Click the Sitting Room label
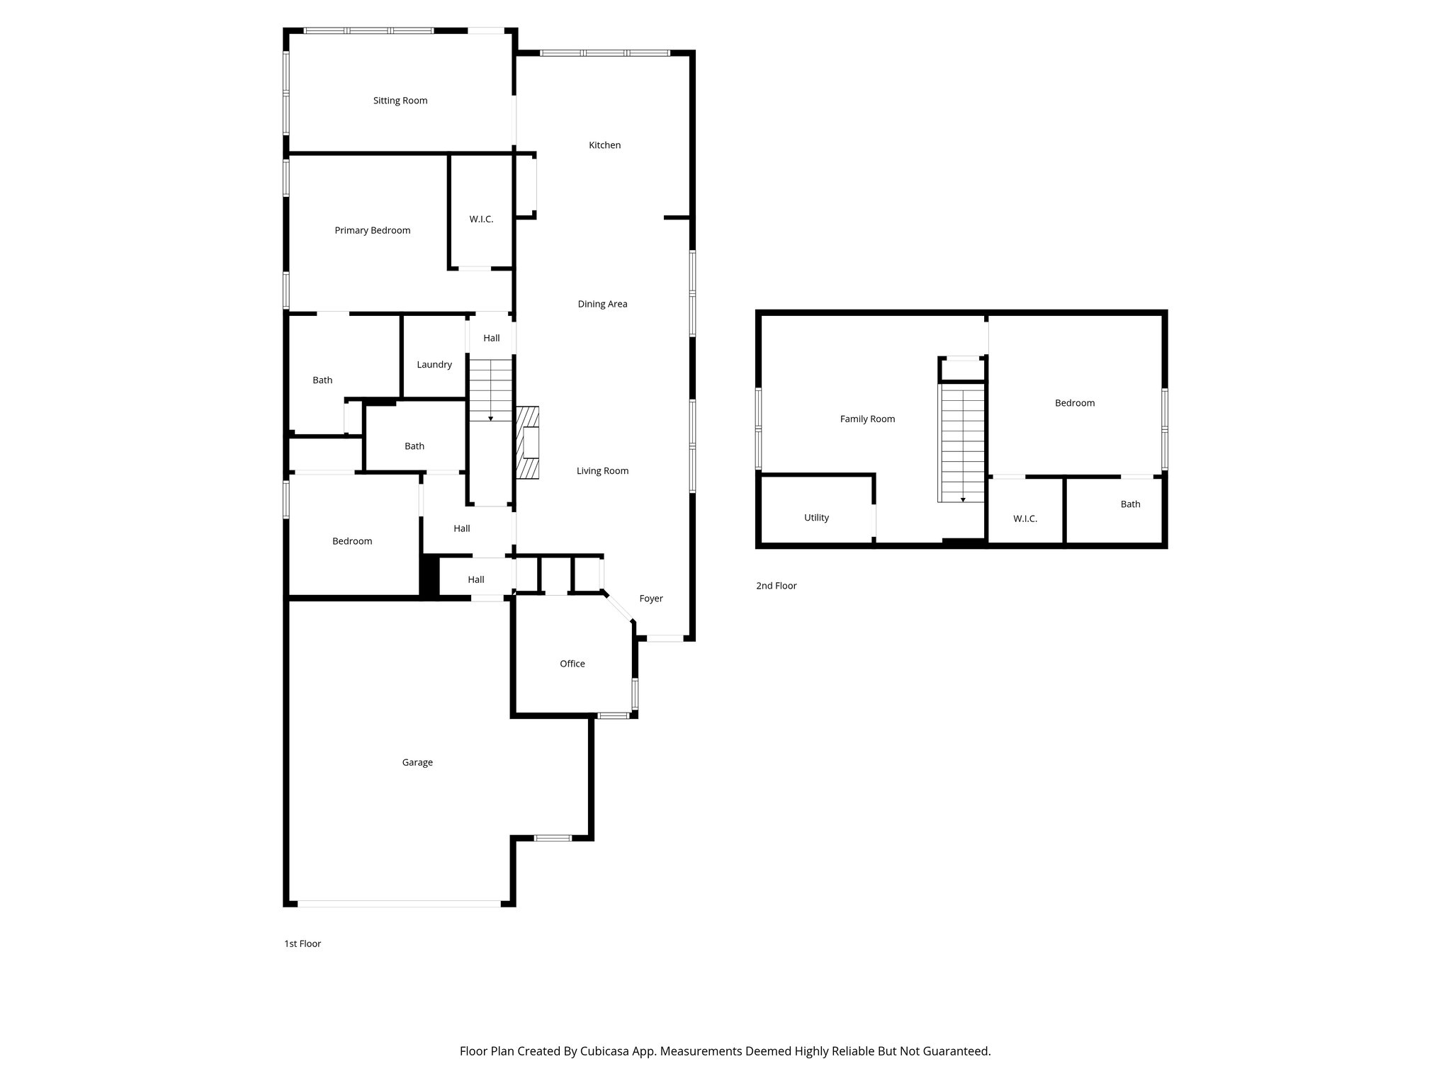pos(400,101)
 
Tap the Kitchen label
pos(604,145)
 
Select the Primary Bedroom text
pos(372,230)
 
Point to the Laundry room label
pos(434,365)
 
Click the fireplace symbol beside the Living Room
pos(528,443)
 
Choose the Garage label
pos(417,762)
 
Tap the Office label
pos(572,664)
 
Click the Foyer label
pos(650,599)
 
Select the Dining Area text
pos(602,304)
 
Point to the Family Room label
pos(867,419)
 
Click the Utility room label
pos(816,518)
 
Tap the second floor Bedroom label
pos(1074,403)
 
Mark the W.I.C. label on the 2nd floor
pos(1024,518)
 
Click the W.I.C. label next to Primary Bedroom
pos(481,220)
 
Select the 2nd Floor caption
pos(776,586)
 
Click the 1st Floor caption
pos(303,943)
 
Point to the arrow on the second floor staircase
pos(962,499)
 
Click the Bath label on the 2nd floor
pos(1130,504)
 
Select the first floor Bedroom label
pos(352,541)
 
